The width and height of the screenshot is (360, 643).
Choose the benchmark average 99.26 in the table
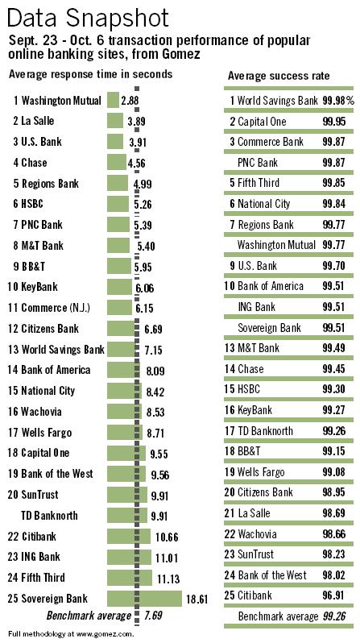333,594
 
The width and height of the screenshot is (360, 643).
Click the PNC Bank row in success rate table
258,163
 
